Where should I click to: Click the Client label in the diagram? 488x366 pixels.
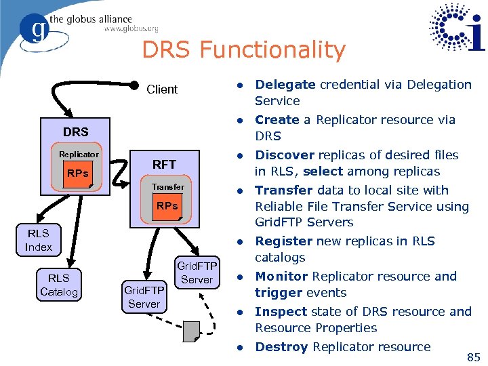[162, 89]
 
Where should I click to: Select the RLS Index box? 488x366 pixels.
[39, 241]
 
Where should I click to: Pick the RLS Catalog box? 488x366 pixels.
[59, 285]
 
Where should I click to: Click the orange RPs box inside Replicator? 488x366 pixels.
[78, 174]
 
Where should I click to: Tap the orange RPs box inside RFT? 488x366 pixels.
[167, 206]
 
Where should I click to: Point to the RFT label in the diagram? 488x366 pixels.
[164, 164]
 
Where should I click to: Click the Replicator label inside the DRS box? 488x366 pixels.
[79, 155]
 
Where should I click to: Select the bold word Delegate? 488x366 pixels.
[285, 85]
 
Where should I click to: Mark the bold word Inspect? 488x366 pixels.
[281, 312]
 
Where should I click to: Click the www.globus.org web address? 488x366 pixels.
[131, 29]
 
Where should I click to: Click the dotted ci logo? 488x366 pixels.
[457, 28]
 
